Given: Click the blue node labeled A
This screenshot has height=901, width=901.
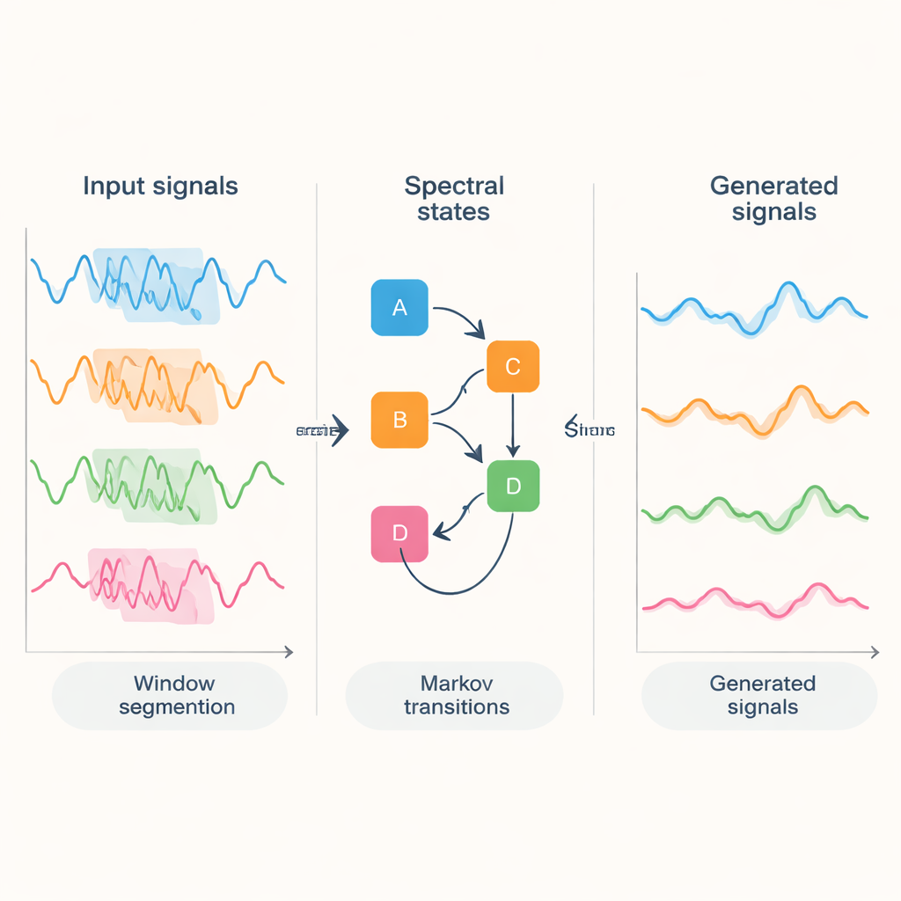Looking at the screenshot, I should click(x=399, y=307).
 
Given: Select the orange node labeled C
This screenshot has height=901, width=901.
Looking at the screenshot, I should click(x=512, y=366).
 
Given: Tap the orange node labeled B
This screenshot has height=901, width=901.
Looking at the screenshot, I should click(x=399, y=420).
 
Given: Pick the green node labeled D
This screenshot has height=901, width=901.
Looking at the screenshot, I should click(x=512, y=485).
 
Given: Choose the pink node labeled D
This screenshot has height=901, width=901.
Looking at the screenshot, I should click(x=399, y=533).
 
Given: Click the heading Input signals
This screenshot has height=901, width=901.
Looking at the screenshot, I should click(x=160, y=187).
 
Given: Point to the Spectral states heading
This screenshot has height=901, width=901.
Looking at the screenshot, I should click(x=454, y=199).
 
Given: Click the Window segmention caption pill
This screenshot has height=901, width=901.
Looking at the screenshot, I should click(x=171, y=695).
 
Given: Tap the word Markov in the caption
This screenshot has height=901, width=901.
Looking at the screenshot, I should click(x=456, y=684).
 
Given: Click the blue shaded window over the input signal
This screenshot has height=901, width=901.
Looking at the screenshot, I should click(x=158, y=283).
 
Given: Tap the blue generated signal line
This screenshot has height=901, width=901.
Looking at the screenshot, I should click(x=757, y=314).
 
